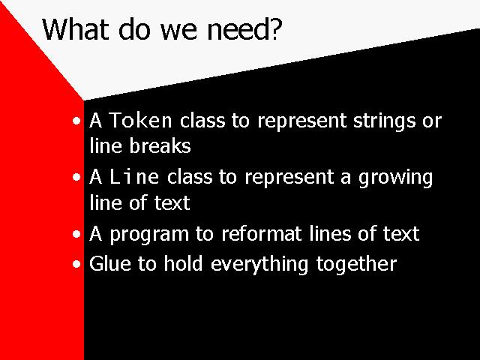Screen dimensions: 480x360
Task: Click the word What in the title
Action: coord(75,29)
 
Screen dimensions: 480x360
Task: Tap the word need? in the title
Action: coord(244,29)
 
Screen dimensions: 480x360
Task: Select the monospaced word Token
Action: coord(140,120)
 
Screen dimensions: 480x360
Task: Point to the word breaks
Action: coord(160,145)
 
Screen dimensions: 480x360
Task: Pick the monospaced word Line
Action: coord(134,177)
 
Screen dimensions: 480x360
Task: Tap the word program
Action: coord(149,235)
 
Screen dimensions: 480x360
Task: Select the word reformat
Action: coord(261,233)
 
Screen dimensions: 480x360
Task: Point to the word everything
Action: coord(259,265)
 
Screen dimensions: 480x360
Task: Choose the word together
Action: coord(356,265)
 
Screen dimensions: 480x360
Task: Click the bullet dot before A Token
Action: coord(76,121)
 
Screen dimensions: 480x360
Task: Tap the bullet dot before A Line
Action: coord(76,177)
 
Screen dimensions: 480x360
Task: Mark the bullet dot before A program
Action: coord(76,235)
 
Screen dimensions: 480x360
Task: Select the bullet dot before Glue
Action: coord(76,264)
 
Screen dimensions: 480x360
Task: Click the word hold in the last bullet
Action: coord(183,263)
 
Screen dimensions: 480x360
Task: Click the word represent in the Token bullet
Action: coord(301,121)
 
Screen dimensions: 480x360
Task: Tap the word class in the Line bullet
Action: coord(190,177)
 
